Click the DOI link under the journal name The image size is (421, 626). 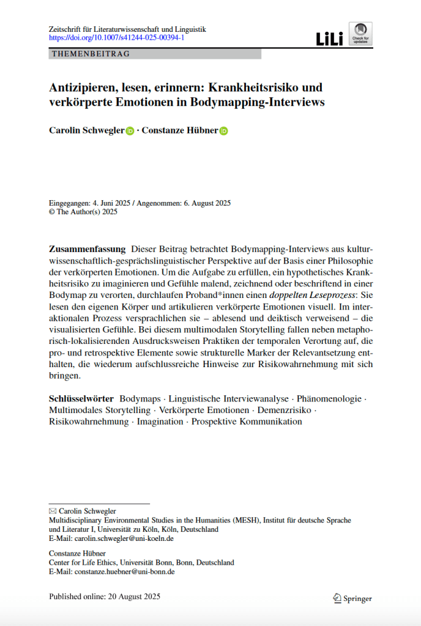click(116, 38)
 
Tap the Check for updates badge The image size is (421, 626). click(360, 34)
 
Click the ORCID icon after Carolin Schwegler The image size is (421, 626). click(130, 131)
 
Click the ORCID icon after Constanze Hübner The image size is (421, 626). click(223, 131)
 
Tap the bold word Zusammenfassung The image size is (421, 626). click(87, 249)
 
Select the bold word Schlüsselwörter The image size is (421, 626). click(81, 398)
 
